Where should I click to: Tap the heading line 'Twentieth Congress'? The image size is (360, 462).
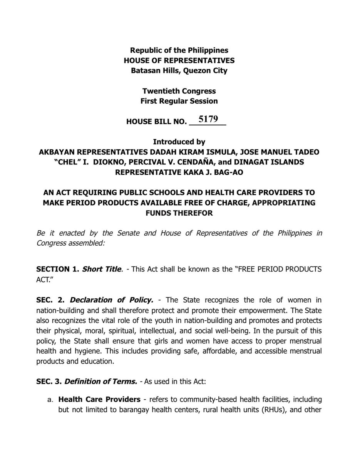click(x=179, y=92)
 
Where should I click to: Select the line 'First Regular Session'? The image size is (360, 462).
click(x=179, y=101)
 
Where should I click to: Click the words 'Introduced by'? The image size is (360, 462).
click(x=179, y=142)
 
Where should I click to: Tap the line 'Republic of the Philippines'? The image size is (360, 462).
click(x=179, y=50)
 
